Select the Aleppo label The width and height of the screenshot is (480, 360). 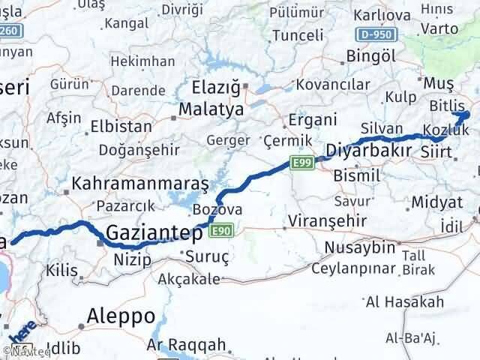tap(121, 316)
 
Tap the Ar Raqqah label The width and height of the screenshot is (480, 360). tap(175, 345)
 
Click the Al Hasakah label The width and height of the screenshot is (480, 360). tap(404, 302)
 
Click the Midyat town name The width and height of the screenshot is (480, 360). tap(436, 202)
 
